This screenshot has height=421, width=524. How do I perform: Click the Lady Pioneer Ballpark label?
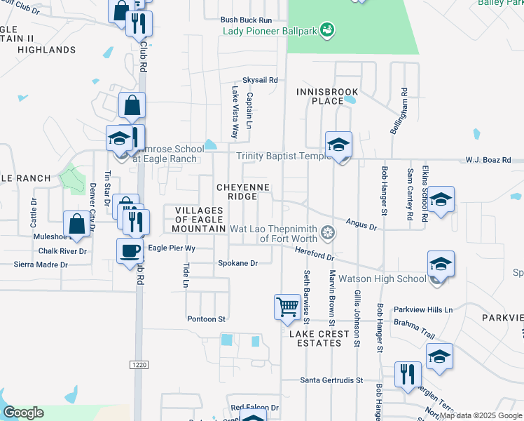pos(269,31)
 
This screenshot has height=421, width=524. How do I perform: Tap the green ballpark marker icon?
pos(326,29)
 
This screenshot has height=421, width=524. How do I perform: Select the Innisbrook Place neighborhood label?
pos(327,97)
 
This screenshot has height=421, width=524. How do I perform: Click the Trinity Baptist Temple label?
pos(283,156)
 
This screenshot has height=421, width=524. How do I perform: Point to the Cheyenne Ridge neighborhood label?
pos(242,192)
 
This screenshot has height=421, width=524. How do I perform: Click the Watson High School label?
pos(382,279)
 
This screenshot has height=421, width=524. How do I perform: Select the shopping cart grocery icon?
pos(287,307)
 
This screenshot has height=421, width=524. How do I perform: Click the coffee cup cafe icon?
pos(131,250)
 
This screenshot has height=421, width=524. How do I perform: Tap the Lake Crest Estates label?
pos(319,339)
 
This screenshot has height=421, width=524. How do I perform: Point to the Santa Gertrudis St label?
pos(332,380)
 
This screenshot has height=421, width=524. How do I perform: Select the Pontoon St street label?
pos(206,319)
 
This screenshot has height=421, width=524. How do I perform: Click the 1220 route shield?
pos(139,364)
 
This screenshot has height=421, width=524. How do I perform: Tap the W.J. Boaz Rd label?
pos(488,160)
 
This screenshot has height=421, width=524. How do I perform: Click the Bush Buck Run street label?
pos(246,20)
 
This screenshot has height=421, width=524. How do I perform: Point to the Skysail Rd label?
pos(260,80)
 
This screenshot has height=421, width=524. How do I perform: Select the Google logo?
pos(23,413)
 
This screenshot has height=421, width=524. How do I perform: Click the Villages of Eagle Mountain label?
pos(200,220)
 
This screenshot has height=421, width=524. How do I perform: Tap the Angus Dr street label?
pos(362,225)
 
